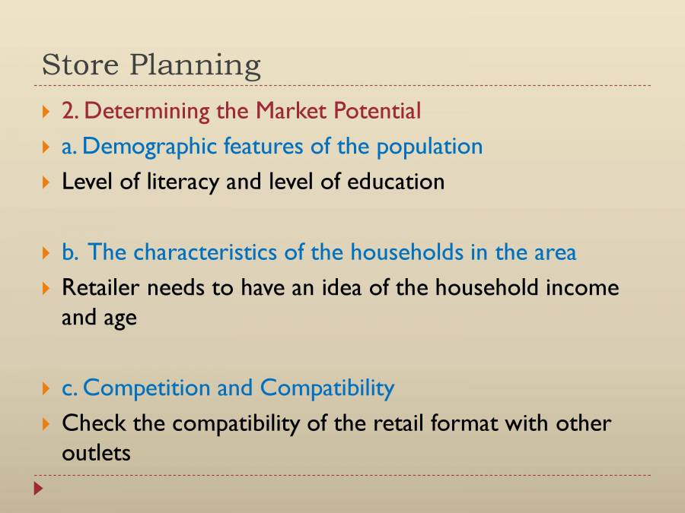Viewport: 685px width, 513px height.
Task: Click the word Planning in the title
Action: (x=195, y=66)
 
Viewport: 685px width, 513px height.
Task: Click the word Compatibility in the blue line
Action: (x=327, y=388)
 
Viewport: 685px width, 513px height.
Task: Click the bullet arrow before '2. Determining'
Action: (x=46, y=112)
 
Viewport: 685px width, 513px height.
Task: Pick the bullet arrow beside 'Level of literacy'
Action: (x=46, y=182)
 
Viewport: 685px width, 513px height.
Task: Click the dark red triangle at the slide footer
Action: (x=38, y=489)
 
